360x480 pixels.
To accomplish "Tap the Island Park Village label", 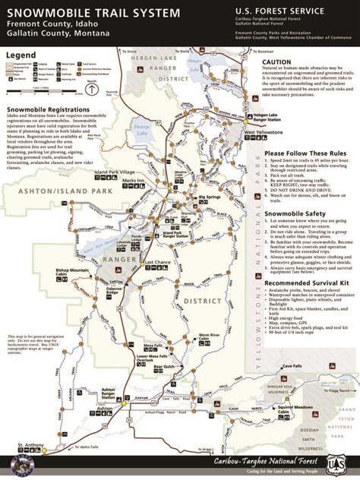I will click(114, 172).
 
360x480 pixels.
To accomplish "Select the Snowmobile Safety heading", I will click(295, 213).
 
